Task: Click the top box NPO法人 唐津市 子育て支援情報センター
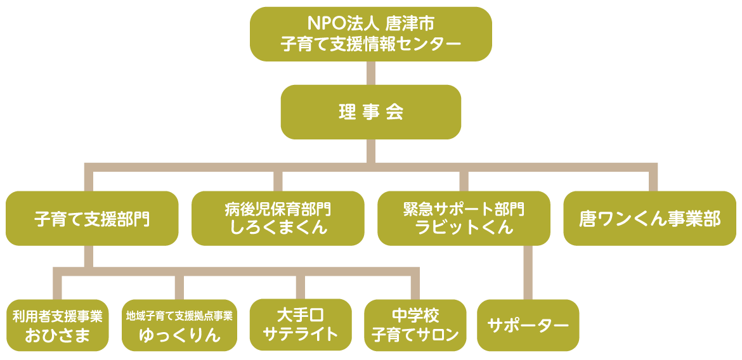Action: [x=370, y=34]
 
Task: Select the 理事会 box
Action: [x=370, y=112]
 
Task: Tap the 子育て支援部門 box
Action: [x=92, y=219]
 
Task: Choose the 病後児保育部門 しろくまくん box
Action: [x=278, y=219]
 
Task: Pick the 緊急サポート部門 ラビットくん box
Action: [x=464, y=219]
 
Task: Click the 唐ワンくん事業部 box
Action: [x=649, y=219]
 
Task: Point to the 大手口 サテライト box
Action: [x=301, y=325]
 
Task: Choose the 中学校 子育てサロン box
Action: [x=415, y=325]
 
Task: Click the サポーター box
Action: [x=528, y=325]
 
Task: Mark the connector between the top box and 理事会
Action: [x=371, y=73]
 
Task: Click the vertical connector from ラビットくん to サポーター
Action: [x=528, y=273]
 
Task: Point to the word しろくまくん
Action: [x=278, y=228]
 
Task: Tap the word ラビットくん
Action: [x=464, y=228]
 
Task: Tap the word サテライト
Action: [x=301, y=334]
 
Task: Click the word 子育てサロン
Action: [x=415, y=334]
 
